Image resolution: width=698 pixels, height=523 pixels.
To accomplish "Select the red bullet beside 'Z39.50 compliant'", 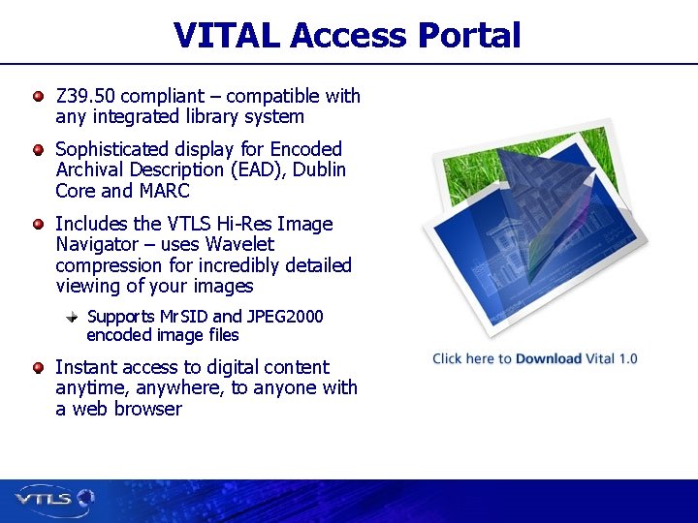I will pos(38,96).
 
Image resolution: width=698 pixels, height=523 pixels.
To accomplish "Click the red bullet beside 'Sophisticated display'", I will pos(38,149).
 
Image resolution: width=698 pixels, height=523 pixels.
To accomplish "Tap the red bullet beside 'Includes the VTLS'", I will pos(38,224).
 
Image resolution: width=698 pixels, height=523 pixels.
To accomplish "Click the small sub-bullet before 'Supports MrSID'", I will pos(72,317).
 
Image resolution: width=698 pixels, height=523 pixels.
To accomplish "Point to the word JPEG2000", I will pos(285,317).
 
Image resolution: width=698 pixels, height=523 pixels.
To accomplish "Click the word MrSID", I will pos(182,317).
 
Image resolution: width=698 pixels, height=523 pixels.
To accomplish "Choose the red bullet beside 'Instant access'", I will pos(38,367).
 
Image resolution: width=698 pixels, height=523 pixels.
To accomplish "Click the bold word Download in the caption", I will pos(549,358).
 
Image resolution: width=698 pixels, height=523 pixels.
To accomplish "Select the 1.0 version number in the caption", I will pos(627,358).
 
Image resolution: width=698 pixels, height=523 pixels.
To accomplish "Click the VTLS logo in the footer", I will pos(54,499).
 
